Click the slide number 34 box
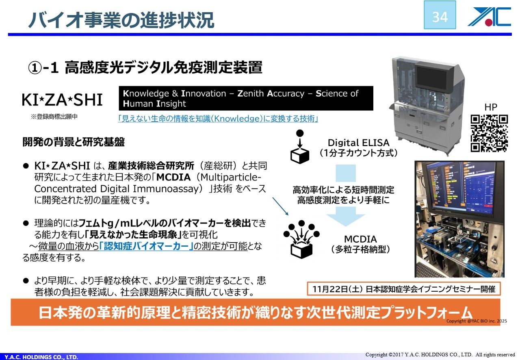click(440, 15)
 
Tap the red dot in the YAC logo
click(488, 22)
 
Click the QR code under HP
click(489, 133)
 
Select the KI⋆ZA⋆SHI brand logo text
click(62, 100)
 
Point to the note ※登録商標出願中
click(54, 117)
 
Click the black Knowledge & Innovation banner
click(246, 98)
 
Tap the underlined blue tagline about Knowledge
click(218, 119)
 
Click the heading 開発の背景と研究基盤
click(74, 142)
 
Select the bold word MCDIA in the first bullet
click(173, 178)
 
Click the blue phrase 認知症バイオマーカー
click(146, 246)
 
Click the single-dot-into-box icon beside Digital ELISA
click(300, 147)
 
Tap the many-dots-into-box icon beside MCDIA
click(301, 239)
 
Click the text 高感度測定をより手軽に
click(344, 200)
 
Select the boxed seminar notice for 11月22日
click(404, 289)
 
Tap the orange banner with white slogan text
click(256, 312)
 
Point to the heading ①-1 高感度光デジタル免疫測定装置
click(145, 67)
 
